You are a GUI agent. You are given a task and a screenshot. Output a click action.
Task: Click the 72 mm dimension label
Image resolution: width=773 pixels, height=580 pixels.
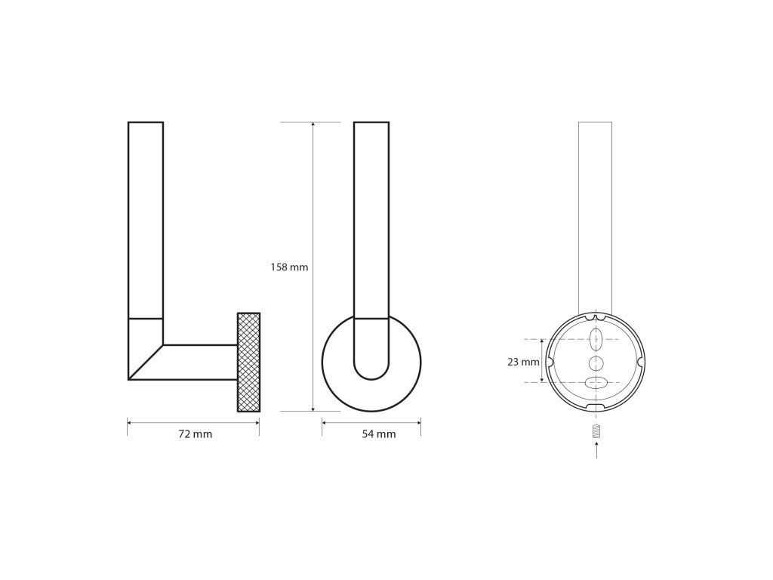(x=196, y=434)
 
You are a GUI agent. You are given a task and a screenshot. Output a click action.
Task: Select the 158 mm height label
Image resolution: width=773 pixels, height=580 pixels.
(x=289, y=267)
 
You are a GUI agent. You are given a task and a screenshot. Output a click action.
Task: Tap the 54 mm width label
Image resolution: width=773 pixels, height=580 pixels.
(x=379, y=434)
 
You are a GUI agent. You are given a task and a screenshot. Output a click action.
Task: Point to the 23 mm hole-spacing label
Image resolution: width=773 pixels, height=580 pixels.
(x=523, y=362)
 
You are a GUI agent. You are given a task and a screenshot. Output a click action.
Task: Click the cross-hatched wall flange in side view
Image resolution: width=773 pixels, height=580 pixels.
(x=248, y=362)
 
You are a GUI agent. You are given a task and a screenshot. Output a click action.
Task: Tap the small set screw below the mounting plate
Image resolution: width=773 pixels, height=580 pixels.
(x=596, y=431)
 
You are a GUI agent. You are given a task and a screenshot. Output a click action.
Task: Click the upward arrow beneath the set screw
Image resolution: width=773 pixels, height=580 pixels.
(x=596, y=451)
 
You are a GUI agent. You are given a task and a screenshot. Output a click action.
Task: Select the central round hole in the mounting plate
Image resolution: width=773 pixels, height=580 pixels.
(x=596, y=363)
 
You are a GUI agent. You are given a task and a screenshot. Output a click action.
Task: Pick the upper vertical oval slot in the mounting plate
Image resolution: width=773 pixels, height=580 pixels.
(x=596, y=339)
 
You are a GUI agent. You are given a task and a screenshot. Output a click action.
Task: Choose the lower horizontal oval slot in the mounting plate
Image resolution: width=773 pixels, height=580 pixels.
(x=596, y=382)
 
